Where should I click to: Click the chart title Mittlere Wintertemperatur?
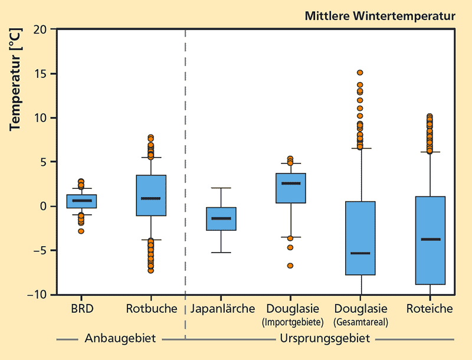(x=379, y=16)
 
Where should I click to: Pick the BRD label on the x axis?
(x=81, y=309)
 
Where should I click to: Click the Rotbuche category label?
(x=151, y=309)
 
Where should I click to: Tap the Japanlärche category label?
(x=222, y=309)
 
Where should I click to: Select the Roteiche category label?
(x=430, y=309)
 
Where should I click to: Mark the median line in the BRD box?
(x=81, y=201)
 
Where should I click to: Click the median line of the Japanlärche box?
(x=221, y=218)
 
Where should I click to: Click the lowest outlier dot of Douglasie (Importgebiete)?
(x=290, y=266)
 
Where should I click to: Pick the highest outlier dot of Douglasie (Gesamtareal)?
(x=360, y=73)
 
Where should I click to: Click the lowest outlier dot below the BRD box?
(x=81, y=231)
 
